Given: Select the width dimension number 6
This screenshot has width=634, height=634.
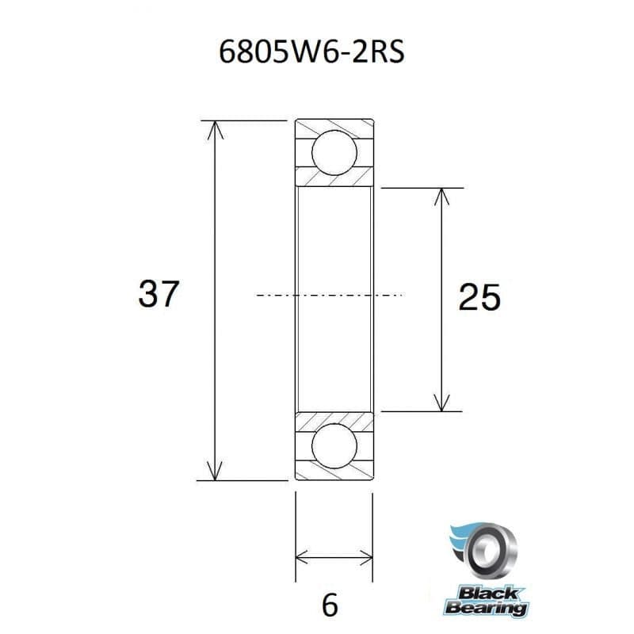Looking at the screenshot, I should [x=331, y=604].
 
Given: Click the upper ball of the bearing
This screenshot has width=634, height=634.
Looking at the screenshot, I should [x=334, y=154].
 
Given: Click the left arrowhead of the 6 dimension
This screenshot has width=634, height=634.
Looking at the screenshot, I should [x=302, y=555].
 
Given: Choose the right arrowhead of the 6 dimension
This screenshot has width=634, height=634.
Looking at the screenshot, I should [x=365, y=555].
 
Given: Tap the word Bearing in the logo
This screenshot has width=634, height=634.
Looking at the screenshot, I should [x=485, y=609].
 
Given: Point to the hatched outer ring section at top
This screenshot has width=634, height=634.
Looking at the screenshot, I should [x=334, y=127].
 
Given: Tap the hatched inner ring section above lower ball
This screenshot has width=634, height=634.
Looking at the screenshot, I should [x=334, y=420].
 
